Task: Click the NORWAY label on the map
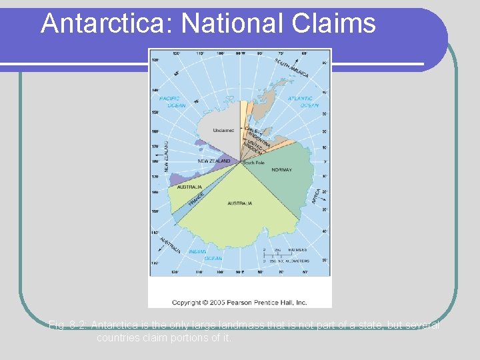(x=281, y=170)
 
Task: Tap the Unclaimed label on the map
(x=223, y=130)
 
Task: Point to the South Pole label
(x=253, y=163)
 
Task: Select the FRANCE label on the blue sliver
(x=195, y=198)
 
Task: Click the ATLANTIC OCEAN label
(x=303, y=101)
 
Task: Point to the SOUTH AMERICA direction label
(x=291, y=67)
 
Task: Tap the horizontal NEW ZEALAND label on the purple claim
(x=214, y=161)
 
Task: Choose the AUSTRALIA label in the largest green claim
(x=240, y=203)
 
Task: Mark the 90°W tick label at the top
(x=241, y=53)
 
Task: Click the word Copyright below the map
(x=189, y=302)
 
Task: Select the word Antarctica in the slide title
(x=106, y=24)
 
